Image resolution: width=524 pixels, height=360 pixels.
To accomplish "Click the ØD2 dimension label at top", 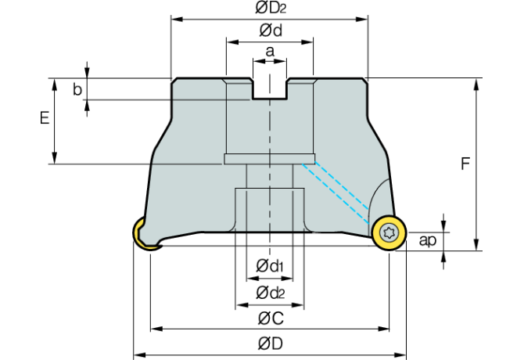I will (270, 9).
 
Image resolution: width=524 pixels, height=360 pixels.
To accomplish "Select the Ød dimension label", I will (270, 31).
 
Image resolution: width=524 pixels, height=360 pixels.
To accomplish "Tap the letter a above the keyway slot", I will (270, 52).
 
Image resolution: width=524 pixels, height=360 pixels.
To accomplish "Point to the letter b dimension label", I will (77, 89).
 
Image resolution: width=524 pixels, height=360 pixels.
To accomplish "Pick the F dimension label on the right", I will (465, 164).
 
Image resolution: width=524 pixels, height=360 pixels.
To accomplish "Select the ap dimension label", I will (427, 240).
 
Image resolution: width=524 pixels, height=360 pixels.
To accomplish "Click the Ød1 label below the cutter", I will (270, 267).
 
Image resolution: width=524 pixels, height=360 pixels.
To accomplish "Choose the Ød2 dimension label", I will (270, 293).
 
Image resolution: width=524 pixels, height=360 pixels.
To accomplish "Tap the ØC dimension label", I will (270, 319).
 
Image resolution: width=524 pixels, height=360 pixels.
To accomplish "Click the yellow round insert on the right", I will (389, 233).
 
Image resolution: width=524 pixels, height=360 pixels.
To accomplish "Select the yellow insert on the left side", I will (142, 235).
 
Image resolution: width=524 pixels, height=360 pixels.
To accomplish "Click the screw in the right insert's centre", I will (389, 232).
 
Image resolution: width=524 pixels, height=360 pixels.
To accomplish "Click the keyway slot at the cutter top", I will (270, 88).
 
